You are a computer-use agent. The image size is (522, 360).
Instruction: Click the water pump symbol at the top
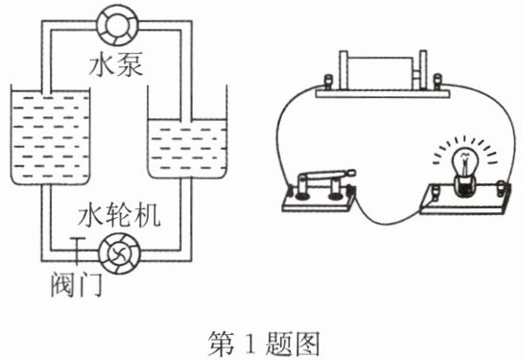[117, 25]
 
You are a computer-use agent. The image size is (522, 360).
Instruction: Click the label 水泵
[116, 64]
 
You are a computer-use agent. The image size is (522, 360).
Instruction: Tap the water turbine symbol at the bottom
[120, 253]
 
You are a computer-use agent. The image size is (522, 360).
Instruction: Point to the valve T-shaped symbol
[77, 251]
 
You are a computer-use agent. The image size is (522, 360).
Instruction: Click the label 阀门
[77, 284]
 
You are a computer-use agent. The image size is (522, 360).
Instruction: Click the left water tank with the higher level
[50, 134]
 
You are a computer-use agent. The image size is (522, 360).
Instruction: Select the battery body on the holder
[381, 73]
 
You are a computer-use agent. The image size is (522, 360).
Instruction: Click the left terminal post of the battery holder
[328, 82]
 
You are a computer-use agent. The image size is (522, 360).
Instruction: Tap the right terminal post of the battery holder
[438, 82]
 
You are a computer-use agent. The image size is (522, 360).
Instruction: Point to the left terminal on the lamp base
[436, 193]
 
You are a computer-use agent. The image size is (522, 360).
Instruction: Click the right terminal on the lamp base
[500, 188]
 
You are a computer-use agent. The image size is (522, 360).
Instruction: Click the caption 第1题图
[264, 344]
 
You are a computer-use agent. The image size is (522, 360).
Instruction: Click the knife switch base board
[319, 201]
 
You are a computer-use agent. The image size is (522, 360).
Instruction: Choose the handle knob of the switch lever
[351, 173]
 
